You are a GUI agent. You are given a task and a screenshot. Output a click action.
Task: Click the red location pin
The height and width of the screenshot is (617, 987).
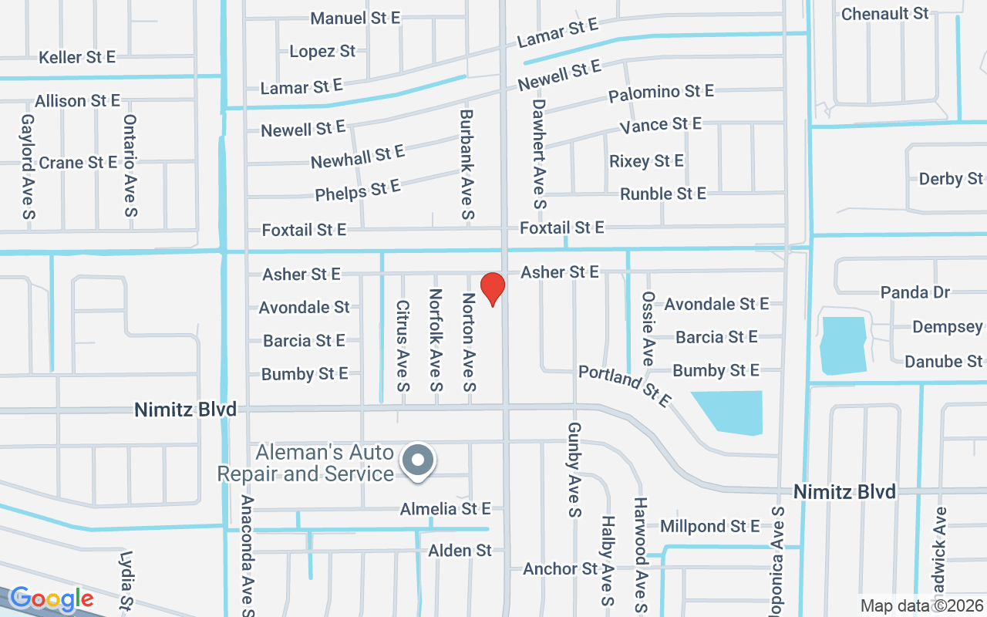492,288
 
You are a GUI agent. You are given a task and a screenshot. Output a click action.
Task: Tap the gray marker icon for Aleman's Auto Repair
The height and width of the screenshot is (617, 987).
418,460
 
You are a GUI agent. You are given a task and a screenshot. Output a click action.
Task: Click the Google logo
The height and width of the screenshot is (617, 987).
51,598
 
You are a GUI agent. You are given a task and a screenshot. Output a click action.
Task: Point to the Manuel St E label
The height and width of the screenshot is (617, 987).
355,18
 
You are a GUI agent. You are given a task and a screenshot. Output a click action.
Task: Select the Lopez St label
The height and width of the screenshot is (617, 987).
322,52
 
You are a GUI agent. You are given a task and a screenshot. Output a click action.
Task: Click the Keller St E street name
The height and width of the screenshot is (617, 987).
77,57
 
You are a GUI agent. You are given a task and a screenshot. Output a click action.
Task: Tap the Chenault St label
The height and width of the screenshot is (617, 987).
885,14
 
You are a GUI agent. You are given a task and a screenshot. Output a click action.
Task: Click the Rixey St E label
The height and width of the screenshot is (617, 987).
646,161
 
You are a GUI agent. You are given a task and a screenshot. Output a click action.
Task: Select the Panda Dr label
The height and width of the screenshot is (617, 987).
915,292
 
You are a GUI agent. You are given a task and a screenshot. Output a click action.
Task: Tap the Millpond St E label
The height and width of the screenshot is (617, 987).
710,526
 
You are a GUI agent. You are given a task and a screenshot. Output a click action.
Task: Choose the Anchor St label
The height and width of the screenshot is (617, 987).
561,569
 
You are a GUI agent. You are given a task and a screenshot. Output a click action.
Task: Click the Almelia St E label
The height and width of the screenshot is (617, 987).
445,509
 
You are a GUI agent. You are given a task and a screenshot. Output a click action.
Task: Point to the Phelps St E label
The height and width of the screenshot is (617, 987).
358,190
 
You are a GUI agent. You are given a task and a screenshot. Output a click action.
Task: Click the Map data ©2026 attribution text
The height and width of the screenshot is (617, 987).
922,606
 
